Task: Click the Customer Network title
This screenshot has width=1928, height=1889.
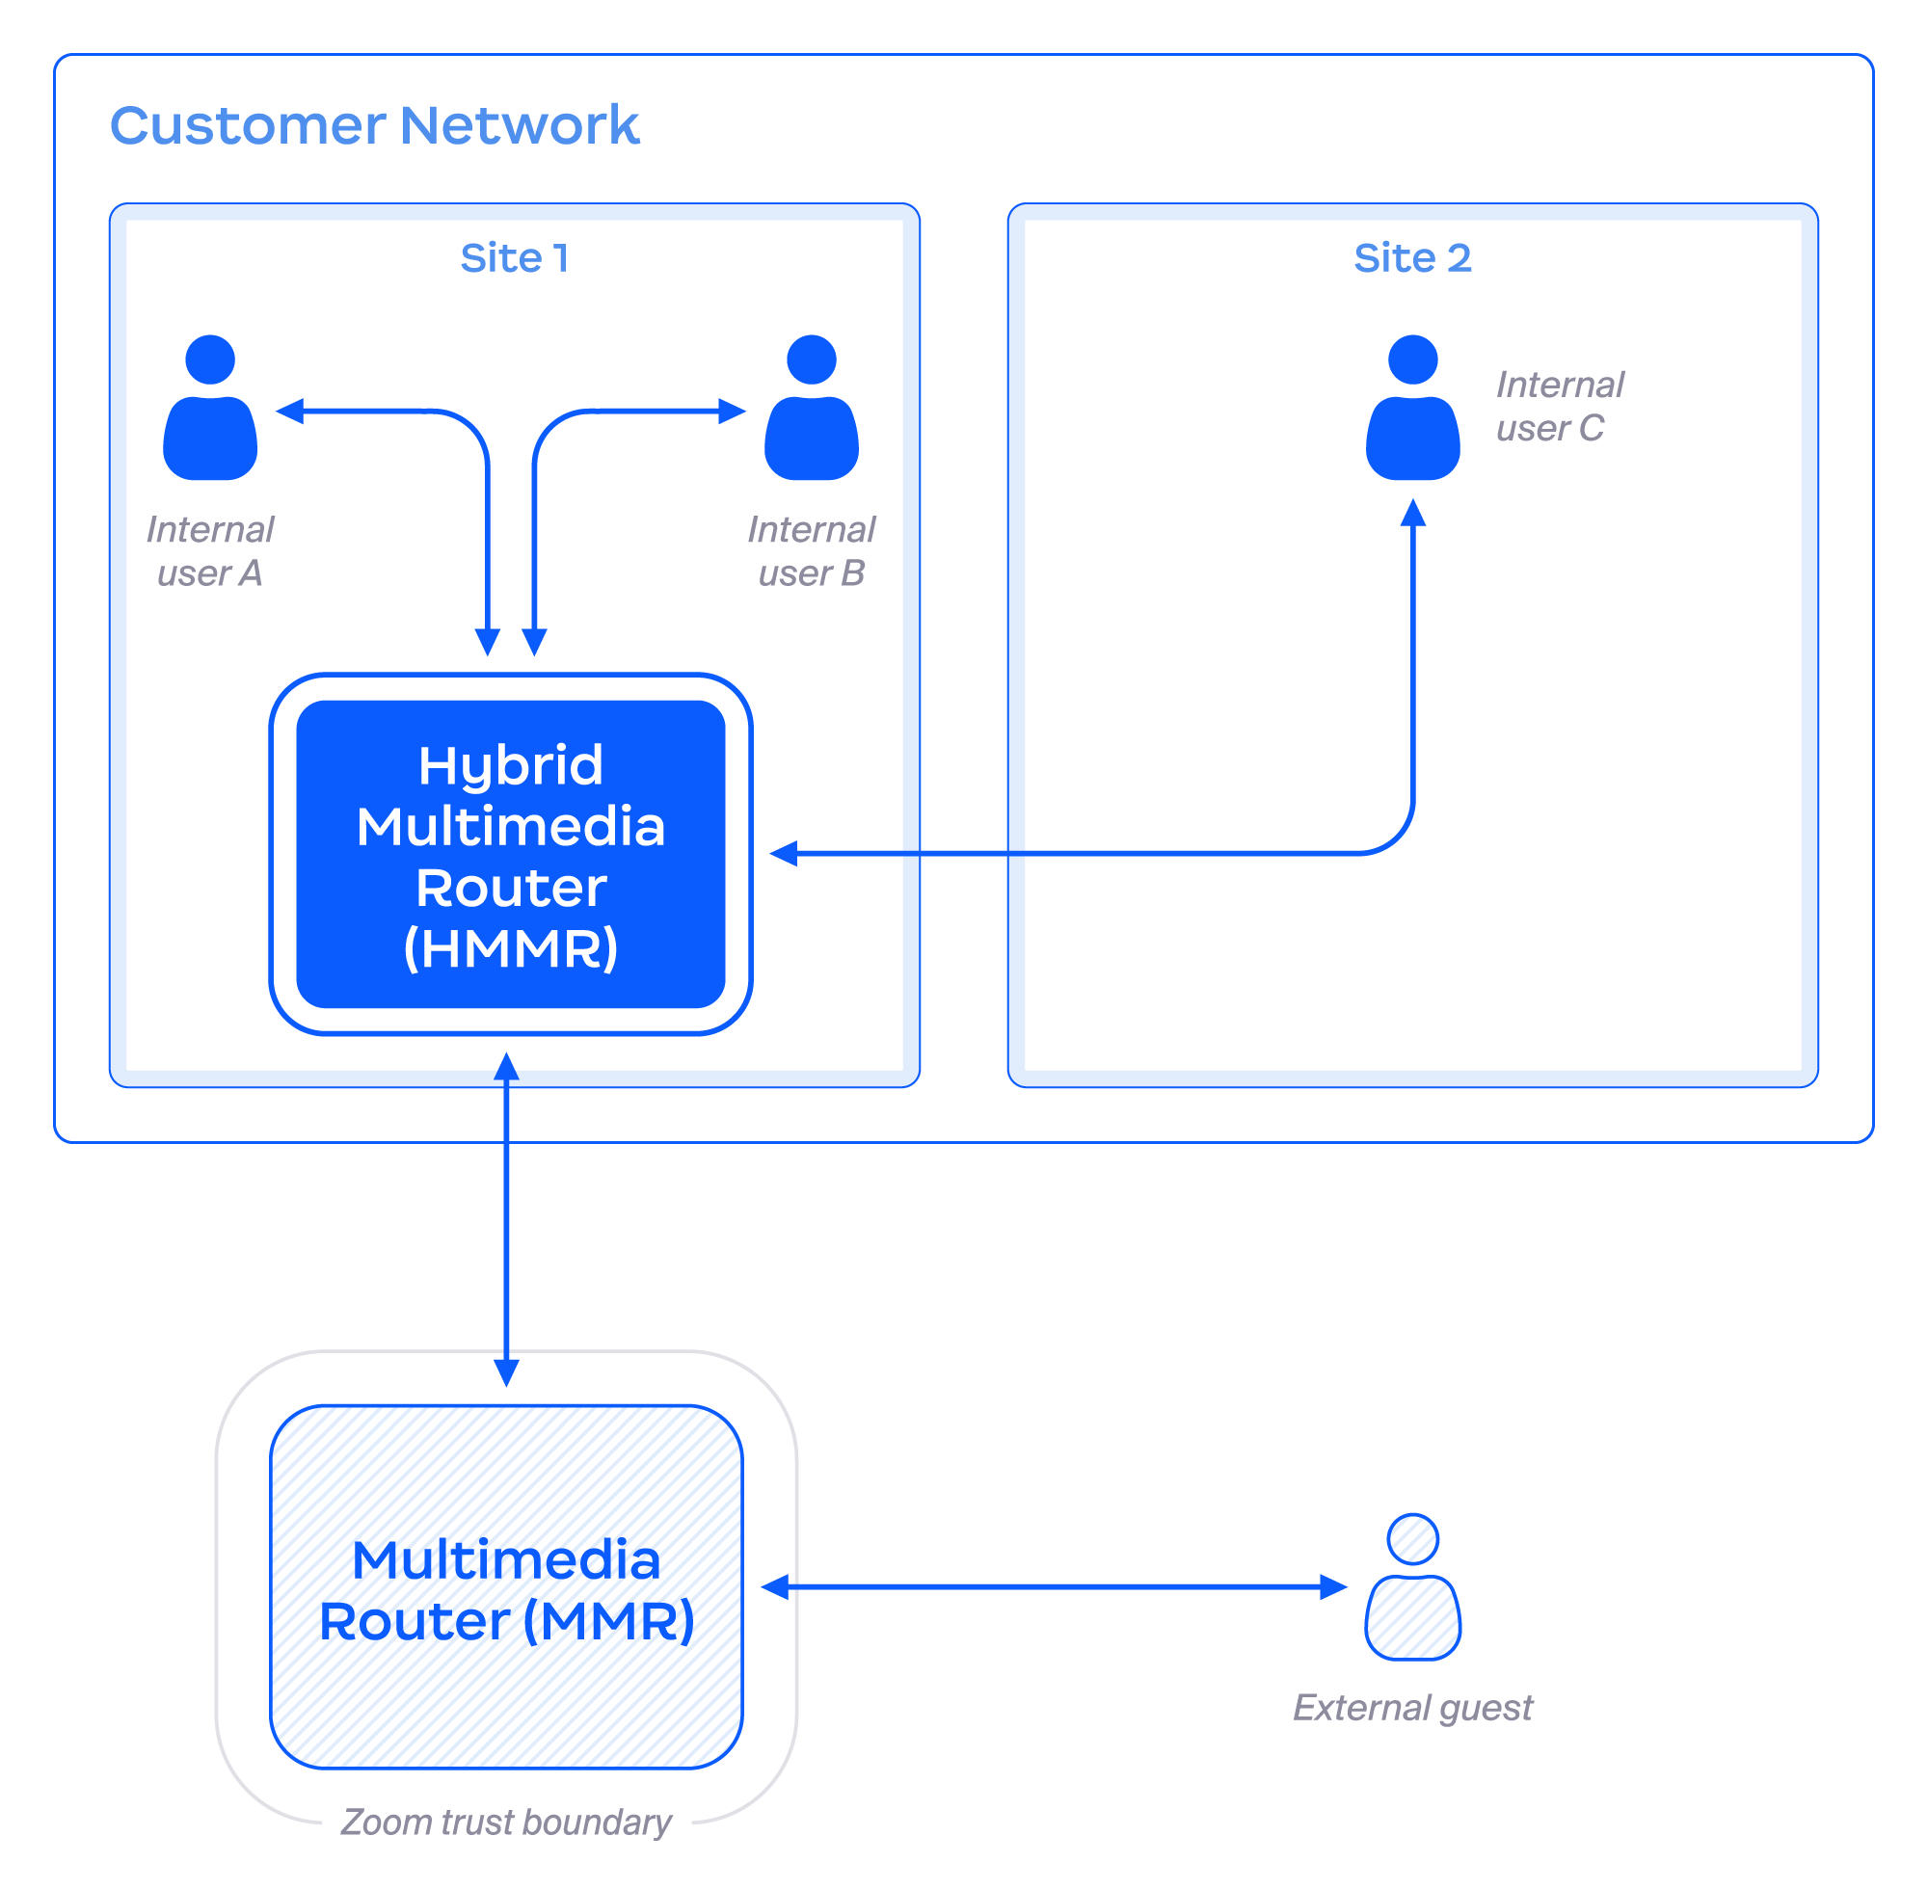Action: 374,126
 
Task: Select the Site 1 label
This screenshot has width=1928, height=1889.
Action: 514,258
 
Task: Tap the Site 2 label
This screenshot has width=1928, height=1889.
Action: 1411,258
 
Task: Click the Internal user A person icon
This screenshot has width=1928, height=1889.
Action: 210,409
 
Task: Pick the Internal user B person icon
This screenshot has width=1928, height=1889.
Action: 811,409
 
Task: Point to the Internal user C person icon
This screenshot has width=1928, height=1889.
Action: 1412,409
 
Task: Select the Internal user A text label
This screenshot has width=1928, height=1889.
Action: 209,551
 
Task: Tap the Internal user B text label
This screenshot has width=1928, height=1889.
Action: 811,551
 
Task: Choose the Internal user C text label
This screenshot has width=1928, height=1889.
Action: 1558,407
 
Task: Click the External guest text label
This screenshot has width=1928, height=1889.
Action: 1412,1708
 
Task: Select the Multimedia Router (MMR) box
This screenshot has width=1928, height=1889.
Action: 506,1587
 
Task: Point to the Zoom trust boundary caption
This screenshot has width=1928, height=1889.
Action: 506,1822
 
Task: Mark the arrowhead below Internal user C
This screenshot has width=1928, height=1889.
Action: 1412,514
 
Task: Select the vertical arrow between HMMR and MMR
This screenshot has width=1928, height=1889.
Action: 506,1220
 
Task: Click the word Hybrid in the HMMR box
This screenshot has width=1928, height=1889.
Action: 510,766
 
